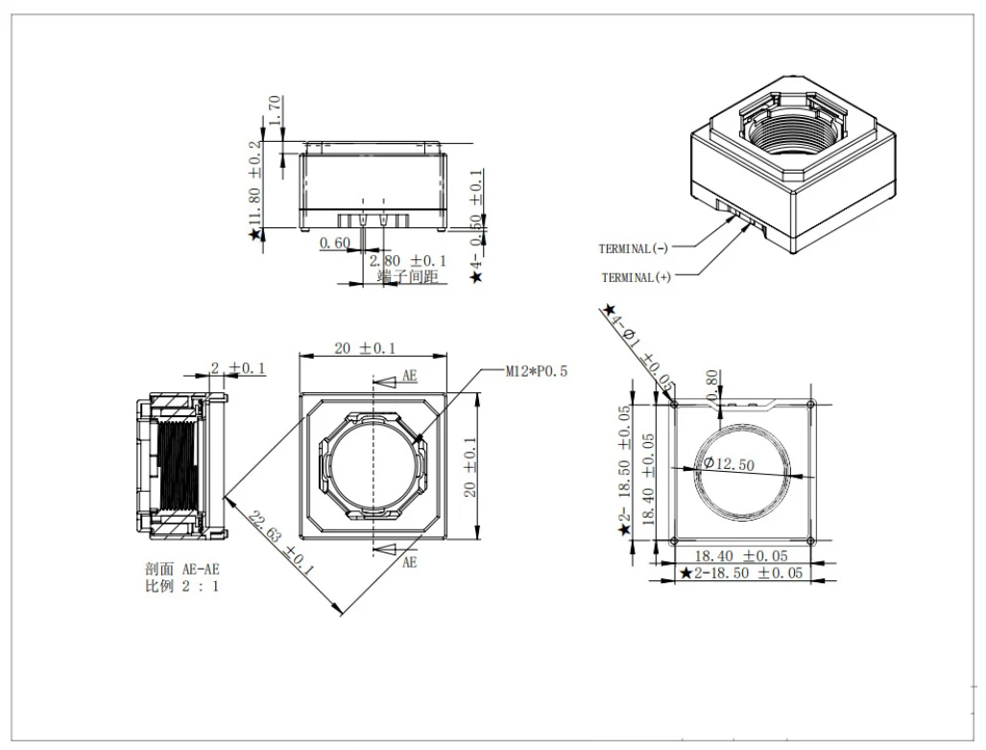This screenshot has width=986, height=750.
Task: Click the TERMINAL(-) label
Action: (x=634, y=248)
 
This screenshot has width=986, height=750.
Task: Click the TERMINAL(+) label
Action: (x=636, y=277)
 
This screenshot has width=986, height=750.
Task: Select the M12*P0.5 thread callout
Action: (x=537, y=371)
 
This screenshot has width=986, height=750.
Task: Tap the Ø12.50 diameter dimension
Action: (x=729, y=463)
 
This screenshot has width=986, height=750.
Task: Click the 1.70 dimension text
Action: (x=275, y=110)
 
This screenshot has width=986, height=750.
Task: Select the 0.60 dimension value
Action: (x=334, y=243)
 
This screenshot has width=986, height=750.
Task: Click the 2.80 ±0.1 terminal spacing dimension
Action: (x=407, y=260)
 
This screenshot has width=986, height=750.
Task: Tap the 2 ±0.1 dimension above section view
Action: (x=238, y=368)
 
